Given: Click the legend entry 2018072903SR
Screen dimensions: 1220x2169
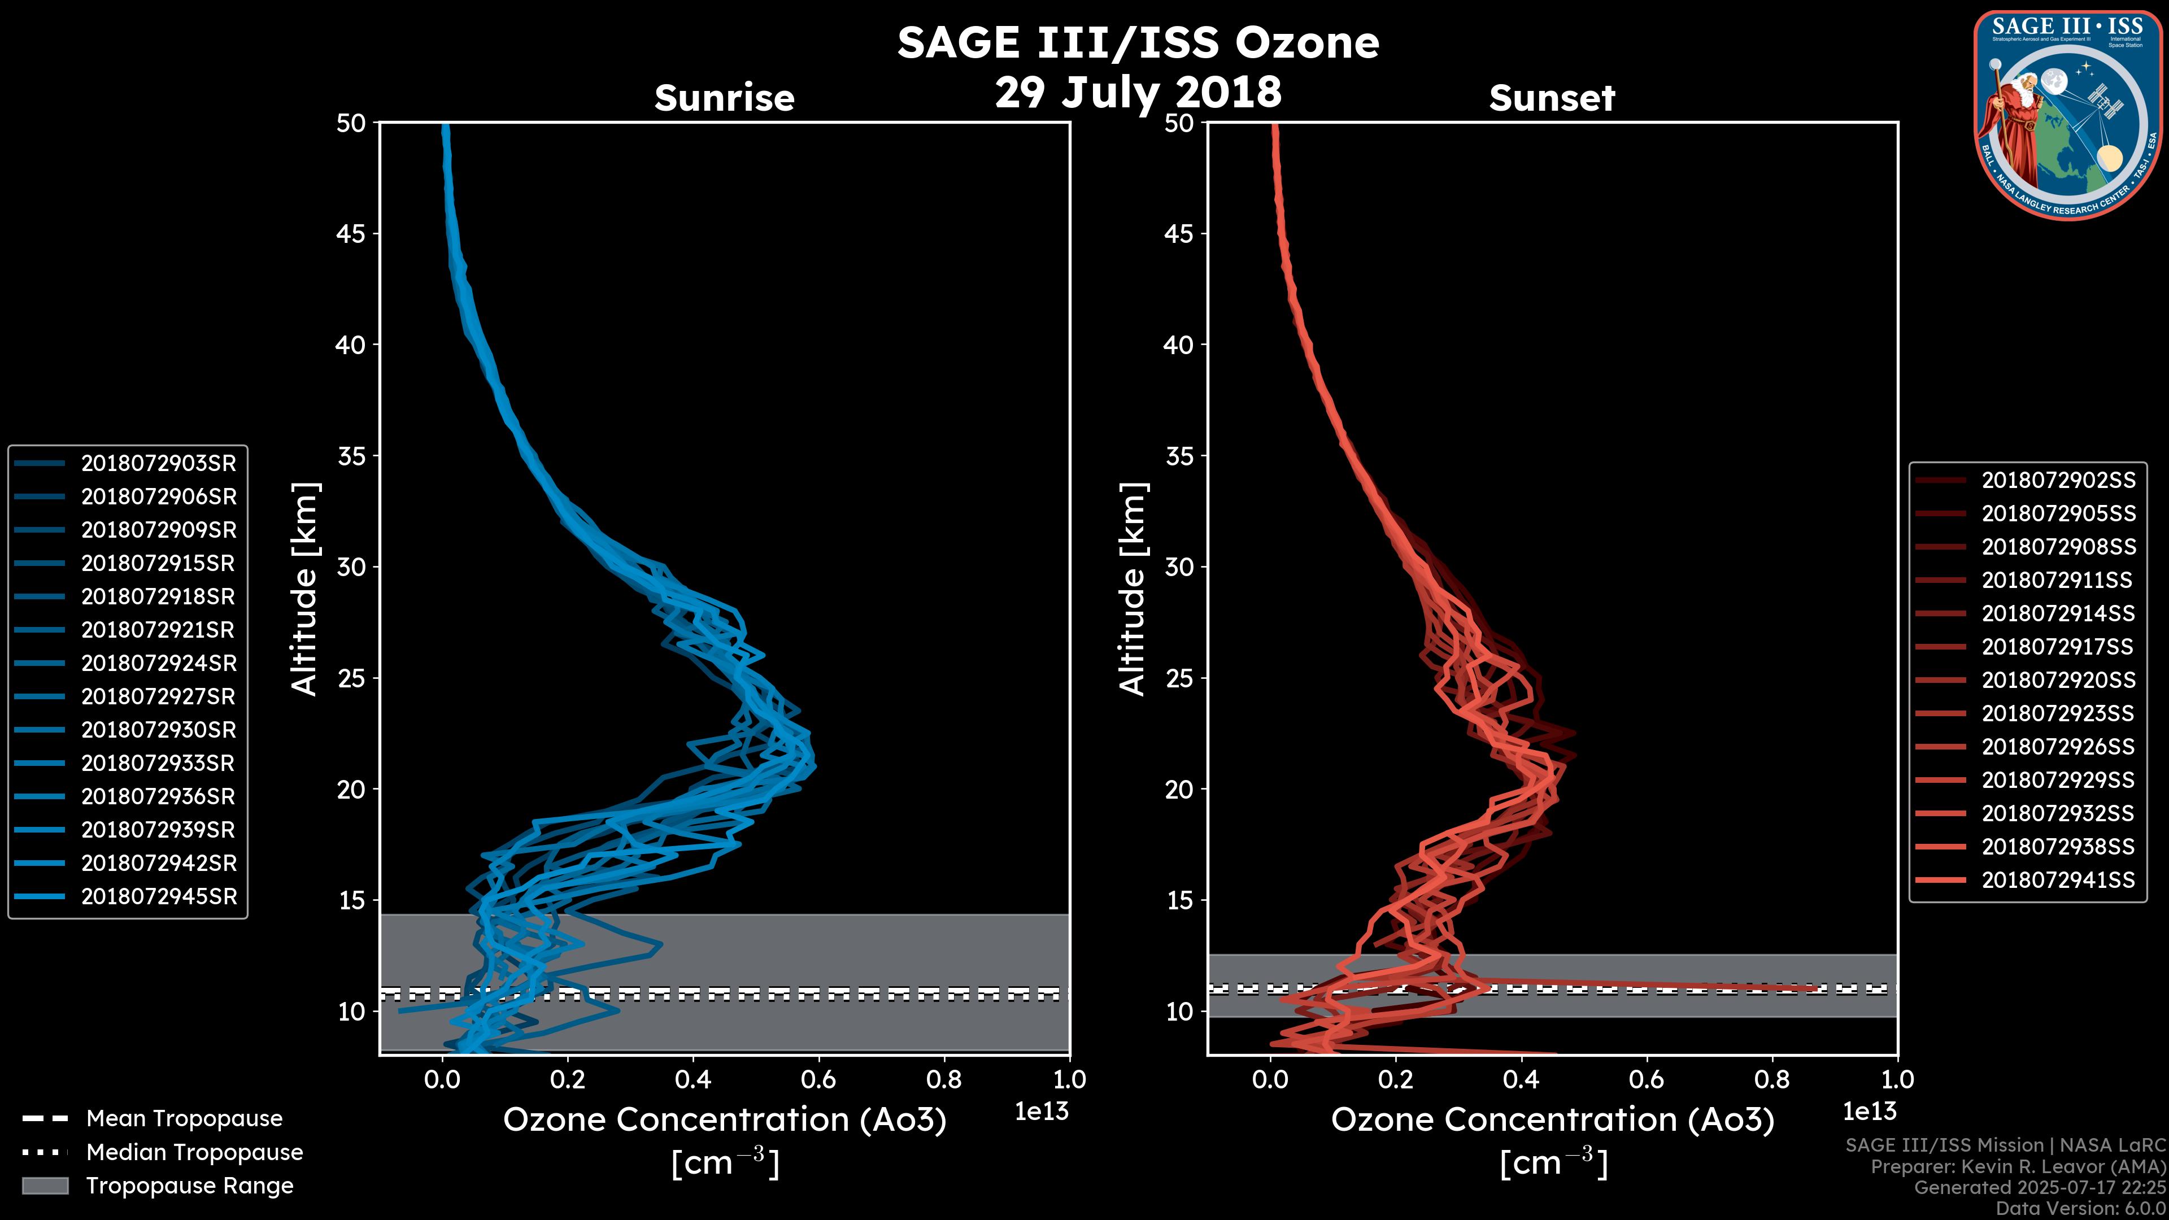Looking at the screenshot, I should coord(158,463).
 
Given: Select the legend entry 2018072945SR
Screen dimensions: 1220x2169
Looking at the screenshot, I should coord(158,897).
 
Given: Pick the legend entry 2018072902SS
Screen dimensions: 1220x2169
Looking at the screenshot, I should coord(2058,480).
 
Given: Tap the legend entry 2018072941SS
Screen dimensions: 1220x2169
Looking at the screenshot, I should coord(2058,880).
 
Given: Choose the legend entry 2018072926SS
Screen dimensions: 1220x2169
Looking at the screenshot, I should coord(2058,747).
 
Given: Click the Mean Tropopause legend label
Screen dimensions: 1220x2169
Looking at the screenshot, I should coord(184,1118).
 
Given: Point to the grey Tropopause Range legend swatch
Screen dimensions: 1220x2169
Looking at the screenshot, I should coord(45,1186).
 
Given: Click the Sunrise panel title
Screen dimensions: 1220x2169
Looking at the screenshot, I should coord(724,98).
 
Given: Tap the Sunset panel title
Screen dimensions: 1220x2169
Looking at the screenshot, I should coord(1552,98).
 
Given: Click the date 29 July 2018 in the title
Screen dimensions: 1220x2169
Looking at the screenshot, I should coord(1138,91).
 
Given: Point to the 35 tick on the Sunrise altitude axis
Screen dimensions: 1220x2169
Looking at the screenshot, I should coord(351,455).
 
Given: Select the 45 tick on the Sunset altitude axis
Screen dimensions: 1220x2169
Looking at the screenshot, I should coord(1179,233).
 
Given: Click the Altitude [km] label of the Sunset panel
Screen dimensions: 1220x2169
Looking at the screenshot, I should coord(1133,589).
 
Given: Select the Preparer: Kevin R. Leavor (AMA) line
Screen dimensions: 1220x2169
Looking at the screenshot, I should coord(2018,1167).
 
